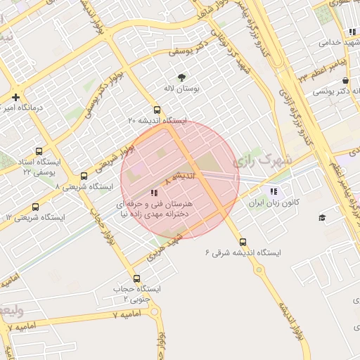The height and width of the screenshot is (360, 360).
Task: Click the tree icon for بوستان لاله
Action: (x=182, y=77)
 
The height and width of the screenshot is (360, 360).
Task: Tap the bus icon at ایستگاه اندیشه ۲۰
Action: (x=157, y=110)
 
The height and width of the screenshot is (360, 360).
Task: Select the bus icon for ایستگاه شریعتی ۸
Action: (x=84, y=176)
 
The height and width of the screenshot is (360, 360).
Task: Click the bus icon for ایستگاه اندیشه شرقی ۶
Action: (x=243, y=241)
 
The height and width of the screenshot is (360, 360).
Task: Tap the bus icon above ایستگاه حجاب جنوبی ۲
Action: (x=136, y=277)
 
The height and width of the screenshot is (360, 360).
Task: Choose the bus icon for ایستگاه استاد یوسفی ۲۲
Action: (x=38, y=150)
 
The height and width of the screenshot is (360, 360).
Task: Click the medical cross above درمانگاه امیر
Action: (x=15, y=97)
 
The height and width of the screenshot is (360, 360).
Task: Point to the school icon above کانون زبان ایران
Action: (x=274, y=191)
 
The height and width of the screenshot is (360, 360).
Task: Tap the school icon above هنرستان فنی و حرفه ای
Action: (x=154, y=193)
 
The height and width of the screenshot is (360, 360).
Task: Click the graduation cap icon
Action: (x=322, y=218)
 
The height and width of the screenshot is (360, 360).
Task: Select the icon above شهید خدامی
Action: (x=352, y=32)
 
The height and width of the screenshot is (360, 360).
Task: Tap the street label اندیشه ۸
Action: (x=177, y=178)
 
